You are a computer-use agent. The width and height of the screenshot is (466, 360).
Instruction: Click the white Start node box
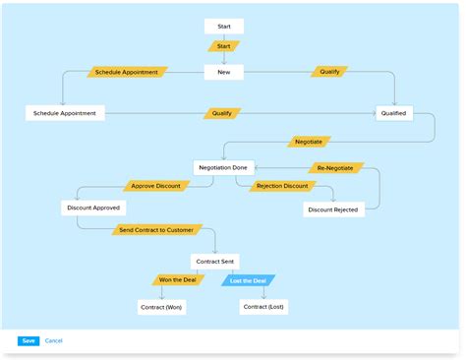coord(223,26)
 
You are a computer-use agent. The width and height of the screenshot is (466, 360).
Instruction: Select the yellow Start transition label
coord(223,46)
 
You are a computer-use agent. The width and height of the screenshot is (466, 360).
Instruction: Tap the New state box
coord(223,72)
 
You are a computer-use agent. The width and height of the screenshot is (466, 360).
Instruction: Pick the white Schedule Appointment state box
coord(65,113)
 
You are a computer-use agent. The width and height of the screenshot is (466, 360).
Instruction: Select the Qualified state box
coord(393,113)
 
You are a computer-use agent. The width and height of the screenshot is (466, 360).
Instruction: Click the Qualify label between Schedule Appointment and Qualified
coord(222,113)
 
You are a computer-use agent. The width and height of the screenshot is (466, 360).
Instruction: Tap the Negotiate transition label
coord(308,142)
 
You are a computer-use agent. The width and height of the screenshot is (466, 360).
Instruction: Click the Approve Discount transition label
coord(154,186)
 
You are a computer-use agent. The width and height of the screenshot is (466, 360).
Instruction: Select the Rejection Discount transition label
coord(282,186)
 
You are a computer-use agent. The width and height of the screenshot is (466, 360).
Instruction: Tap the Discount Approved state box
coord(93,208)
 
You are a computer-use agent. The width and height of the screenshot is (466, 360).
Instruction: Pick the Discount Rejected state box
coord(332,209)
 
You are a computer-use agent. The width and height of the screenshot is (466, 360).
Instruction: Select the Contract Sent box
coord(214,262)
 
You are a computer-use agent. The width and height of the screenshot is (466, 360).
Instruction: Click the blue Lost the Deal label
coord(248,280)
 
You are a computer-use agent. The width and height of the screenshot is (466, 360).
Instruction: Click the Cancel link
coord(53,340)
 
